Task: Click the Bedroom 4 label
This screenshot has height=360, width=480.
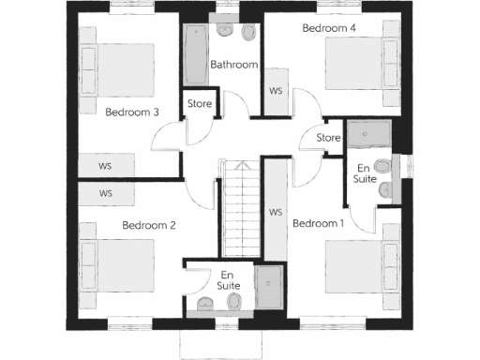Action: [329, 28]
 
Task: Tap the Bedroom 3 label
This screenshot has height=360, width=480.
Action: [131, 112]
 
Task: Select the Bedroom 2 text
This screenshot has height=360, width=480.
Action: [149, 225]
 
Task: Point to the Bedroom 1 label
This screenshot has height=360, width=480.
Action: [319, 223]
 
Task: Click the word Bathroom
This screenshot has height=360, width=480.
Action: [233, 65]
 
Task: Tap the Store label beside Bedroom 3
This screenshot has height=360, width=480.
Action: [200, 103]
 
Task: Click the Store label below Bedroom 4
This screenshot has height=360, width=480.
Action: [327, 139]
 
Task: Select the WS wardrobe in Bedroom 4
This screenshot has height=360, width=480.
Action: [276, 91]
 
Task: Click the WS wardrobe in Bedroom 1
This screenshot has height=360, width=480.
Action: [276, 212]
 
